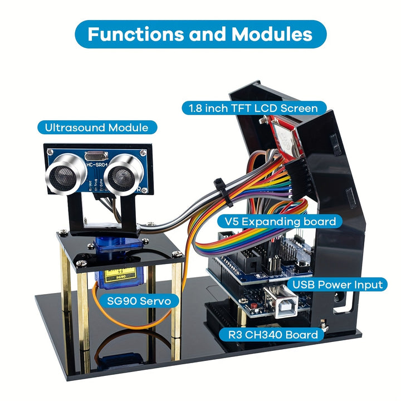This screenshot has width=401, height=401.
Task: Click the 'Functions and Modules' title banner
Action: coord(200,34)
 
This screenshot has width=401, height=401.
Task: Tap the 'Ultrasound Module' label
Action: coord(96,128)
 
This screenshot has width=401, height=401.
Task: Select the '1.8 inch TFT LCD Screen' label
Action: coord(253,108)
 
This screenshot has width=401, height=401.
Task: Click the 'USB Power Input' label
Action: coord(338,285)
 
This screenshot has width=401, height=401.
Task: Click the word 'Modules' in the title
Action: coord(272,34)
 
